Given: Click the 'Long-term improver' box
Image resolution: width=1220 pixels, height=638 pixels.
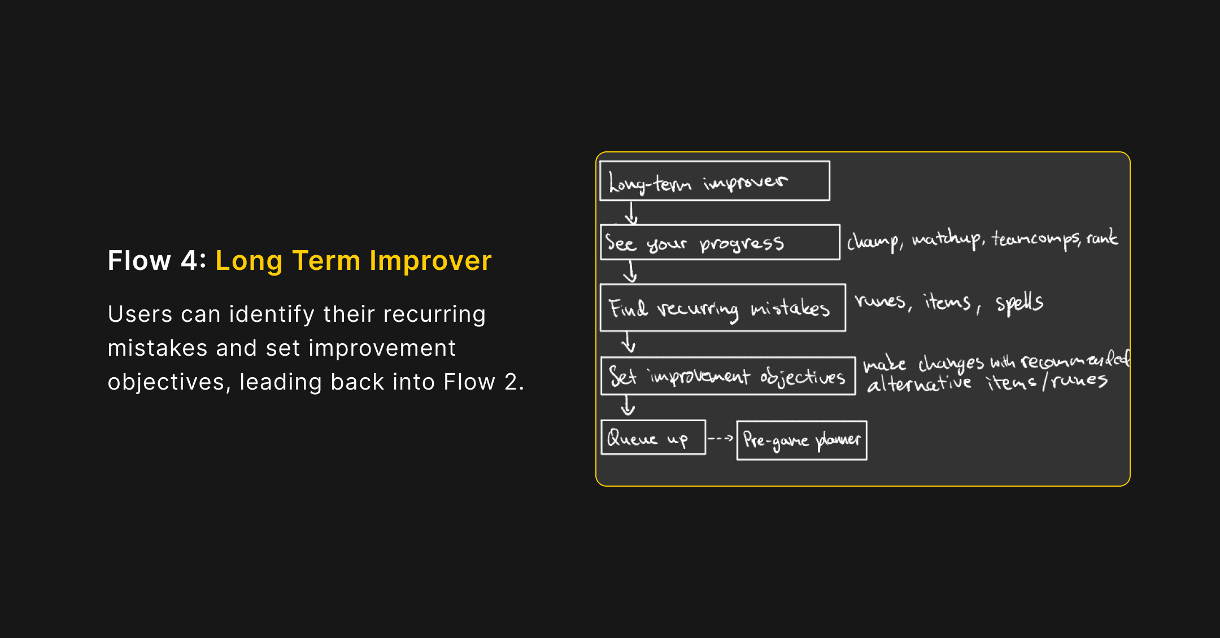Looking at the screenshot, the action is [714, 181].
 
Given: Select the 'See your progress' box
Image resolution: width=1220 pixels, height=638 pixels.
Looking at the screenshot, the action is [720, 242].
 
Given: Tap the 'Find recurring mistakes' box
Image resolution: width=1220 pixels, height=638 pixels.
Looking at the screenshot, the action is [722, 308].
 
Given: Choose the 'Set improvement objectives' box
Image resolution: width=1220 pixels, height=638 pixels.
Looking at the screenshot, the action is [728, 376].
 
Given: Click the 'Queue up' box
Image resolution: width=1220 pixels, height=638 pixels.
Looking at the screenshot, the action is [653, 438].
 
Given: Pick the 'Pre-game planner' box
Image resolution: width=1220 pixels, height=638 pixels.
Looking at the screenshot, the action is [801, 440].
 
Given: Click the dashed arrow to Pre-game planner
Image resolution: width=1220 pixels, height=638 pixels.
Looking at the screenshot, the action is [721, 438].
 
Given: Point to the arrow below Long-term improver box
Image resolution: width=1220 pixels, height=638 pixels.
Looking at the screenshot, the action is [631, 213].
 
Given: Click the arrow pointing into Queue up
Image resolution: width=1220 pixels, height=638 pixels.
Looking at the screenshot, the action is [628, 405].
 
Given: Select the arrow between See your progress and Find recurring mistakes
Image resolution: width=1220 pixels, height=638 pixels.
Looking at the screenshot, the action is [630, 272].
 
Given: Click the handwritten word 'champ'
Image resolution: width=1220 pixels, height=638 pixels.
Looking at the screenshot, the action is [873, 242].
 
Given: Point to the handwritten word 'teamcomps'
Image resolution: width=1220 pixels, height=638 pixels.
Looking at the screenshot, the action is [1036, 239].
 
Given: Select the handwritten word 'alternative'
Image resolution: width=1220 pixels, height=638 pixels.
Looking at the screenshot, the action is [919, 384].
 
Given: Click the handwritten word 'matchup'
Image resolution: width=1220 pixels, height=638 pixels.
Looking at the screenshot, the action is [947, 239].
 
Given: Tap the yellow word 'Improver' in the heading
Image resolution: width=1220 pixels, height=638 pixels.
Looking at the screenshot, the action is [430, 261].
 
